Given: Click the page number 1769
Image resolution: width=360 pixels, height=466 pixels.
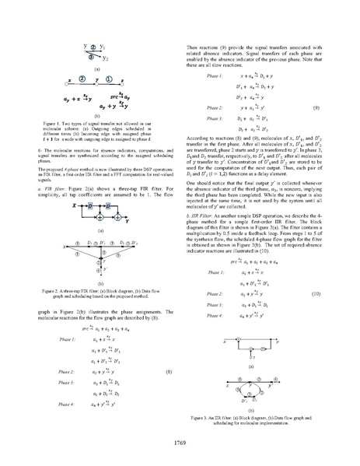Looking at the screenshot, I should tap(179, 443).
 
